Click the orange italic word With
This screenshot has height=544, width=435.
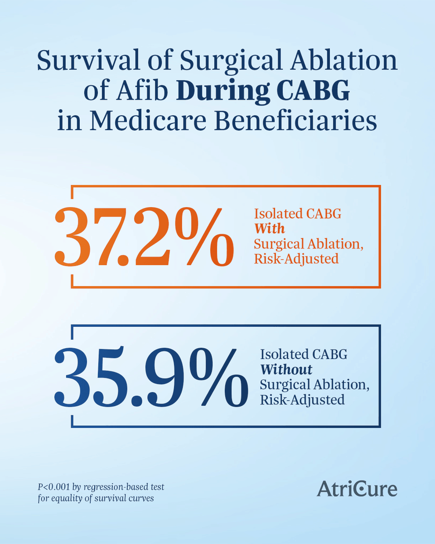point(269,228)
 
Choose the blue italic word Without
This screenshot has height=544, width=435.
point(286,369)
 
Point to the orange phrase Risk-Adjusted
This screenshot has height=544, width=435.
point(296,259)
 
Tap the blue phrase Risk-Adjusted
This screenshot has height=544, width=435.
point(302,399)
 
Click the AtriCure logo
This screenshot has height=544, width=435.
point(357,489)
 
